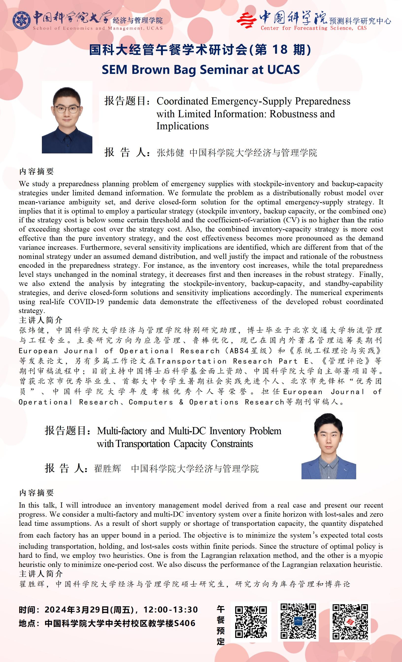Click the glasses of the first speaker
[67, 109]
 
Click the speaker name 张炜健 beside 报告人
[170, 153]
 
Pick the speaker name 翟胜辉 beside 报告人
[107, 469]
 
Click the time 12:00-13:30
[171, 610]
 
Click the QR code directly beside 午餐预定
[251, 622]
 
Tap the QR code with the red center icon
[350, 621]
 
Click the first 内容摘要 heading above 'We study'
[36, 171]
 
